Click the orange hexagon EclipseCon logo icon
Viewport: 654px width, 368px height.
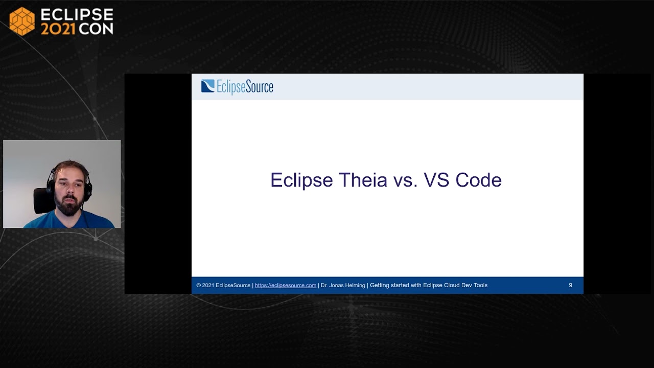tap(22, 21)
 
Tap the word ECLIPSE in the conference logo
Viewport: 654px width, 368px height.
tap(77, 14)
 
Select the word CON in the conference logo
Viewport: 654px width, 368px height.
tap(96, 29)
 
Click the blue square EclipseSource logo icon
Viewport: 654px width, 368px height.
tap(207, 86)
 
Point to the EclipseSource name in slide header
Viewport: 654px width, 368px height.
tap(245, 87)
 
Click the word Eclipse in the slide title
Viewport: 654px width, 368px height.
tap(301, 180)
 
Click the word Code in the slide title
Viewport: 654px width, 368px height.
tap(478, 180)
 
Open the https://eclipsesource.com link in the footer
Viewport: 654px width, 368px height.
tap(285, 285)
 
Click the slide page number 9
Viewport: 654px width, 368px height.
tap(570, 285)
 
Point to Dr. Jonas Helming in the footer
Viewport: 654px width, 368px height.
tap(343, 285)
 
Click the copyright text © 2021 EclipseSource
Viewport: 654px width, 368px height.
tap(223, 285)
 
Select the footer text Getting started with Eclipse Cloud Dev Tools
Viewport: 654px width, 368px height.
tap(428, 285)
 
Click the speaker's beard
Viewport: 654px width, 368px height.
tap(69, 207)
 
